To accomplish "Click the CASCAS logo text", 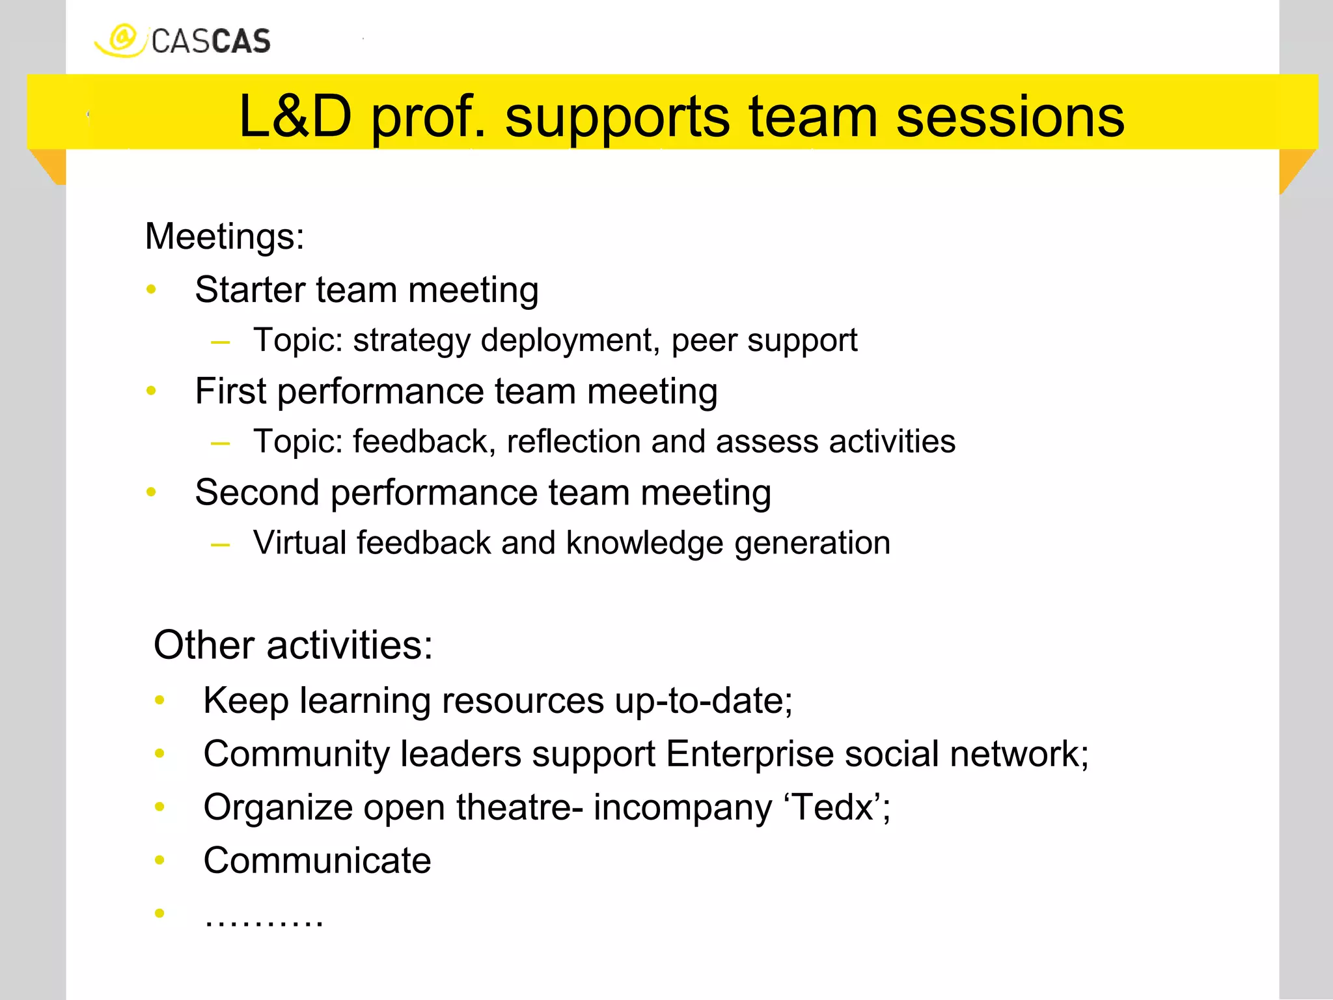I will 210,42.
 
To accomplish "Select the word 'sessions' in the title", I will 1010,117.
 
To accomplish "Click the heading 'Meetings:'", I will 225,236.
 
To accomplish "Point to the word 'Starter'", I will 250,290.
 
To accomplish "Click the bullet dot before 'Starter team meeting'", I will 152,289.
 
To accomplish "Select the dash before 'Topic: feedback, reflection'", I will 221,443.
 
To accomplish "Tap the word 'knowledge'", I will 644,544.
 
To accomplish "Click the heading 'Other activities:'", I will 293,645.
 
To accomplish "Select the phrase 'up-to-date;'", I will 704,701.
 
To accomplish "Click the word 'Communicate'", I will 317,861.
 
